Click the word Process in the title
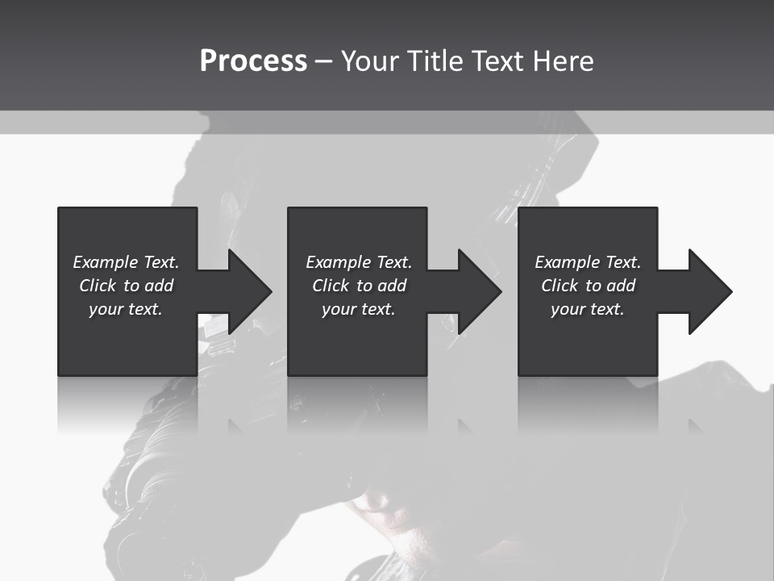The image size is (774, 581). click(253, 61)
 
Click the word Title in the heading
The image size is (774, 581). click(435, 61)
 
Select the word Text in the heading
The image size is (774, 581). click(497, 61)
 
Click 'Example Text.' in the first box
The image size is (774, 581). click(126, 262)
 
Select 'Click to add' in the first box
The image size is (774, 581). click(126, 286)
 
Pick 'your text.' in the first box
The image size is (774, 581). click(126, 309)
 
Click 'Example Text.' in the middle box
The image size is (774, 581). click(359, 262)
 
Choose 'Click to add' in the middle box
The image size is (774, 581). click(359, 286)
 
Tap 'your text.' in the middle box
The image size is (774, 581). click(359, 309)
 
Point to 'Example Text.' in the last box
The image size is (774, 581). click(588, 262)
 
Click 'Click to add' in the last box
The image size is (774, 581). click(588, 286)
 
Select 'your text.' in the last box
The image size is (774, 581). click(588, 309)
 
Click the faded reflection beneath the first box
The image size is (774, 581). click(127, 403)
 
